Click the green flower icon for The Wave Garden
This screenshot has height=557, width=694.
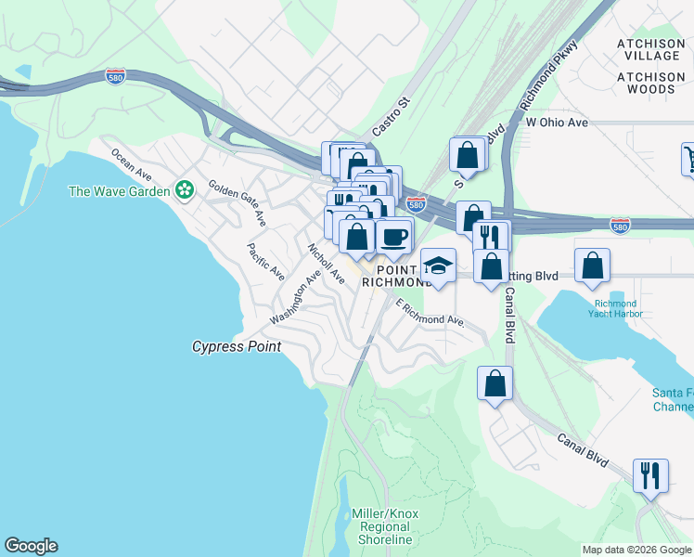186,191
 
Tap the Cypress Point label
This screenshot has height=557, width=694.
236,346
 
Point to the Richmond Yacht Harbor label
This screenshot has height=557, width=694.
611,308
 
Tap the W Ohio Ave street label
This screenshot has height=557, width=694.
557,123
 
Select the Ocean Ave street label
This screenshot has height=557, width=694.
131,163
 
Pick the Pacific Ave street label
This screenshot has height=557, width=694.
265,262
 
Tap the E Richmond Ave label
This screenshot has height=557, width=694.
430,313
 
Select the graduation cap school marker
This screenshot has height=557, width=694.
438,266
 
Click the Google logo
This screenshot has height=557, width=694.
31,546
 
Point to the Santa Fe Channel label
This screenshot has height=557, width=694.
672,400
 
